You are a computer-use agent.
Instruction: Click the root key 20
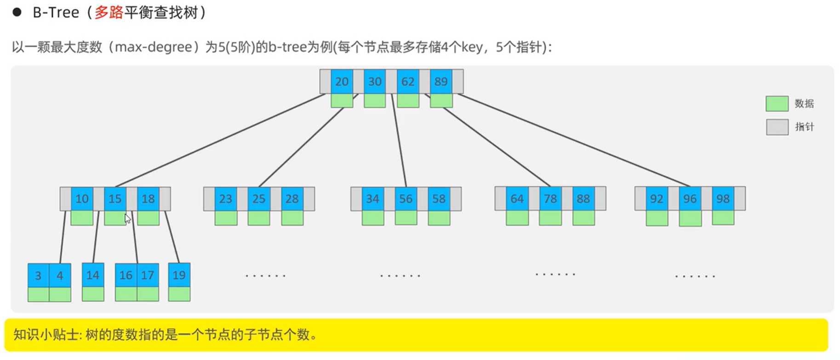pyautogui.click(x=342, y=81)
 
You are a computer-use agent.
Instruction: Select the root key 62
pyautogui.click(x=408, y=81)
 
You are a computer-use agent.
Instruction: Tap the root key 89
pyautogui.click(x=441, y=81)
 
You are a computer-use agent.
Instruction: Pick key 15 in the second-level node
pyautogui.click(x=115, y=199)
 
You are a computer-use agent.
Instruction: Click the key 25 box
pyautogui.click(x=259, y=199)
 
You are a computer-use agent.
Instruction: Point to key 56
pyautogui.click(x=406, y=199)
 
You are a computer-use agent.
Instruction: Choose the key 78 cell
pyautogui.click(x=550, y=199)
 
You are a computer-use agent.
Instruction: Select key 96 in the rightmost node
pyautogui.click(x=690, y=199)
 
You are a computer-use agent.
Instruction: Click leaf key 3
pyautogui.click(x=38, y=275)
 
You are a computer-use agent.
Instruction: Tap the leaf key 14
pyautogui.click(x=93, y=275)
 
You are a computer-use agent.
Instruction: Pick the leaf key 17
pyautogui.click(x=148, y=275)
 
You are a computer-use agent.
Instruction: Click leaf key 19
pyautogui.click(x=179, y=275)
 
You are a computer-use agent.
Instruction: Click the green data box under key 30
pyautogui.click(x=375, y=101)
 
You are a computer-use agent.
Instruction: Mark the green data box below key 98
pyautogui.click(x=723, y=217)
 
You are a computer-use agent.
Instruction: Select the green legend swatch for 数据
pyautogui.click(x=777, y=103)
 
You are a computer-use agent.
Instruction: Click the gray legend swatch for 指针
pyautogui.click(x=777, y=127)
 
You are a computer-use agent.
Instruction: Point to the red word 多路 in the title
pyautogui.click(x=109, y=12)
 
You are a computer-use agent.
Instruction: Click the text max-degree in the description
pyautogui.click(x=154, y=47)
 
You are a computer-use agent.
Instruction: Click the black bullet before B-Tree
pyautogui.click(x=17, y=12)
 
